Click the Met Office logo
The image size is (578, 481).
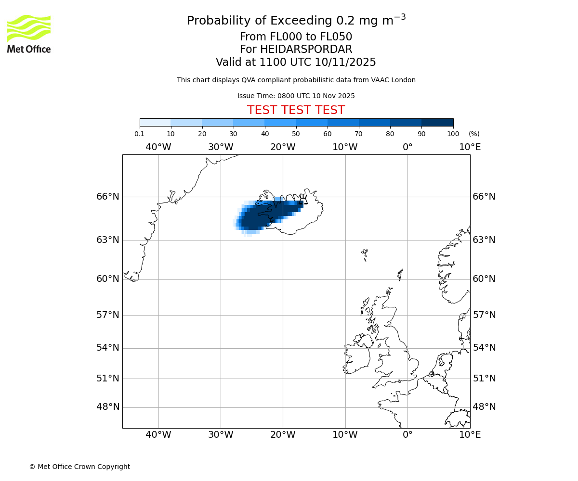click(x=29, y=34)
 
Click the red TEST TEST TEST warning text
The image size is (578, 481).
click(x=296, y=111)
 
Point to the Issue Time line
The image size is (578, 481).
click(x=296, y=96)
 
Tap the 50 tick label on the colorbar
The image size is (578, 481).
click(x=296, y=134)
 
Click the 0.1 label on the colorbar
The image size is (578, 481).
click(x=139, y=134)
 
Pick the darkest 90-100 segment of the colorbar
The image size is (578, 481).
click(x=437, y=123)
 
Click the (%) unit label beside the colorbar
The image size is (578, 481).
click(x=474, y=134)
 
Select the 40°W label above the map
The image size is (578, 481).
click(x=158, y=147)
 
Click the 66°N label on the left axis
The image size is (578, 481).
click(x=107, y=197)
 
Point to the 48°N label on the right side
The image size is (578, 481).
click(x=484, y=407)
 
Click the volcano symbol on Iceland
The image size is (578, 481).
click(x=303, y=200)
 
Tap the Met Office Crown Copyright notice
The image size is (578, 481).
click(x=79, y=467)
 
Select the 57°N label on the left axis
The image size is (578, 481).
click(x=107, y=315)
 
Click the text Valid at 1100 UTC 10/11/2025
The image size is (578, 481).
click(x=296, y=63)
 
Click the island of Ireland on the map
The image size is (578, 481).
click(x=358, y=357)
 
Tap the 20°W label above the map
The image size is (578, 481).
click(x=283, y=147)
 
